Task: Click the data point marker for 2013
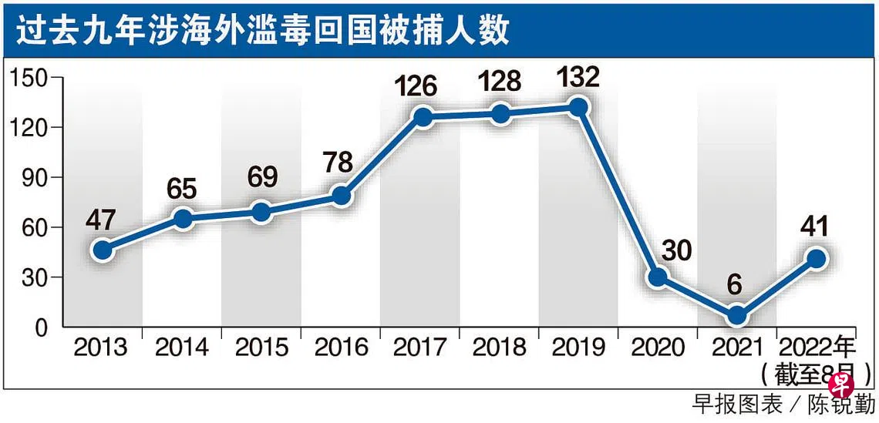(x=102, y=250)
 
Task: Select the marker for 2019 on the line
(x=578, y=108)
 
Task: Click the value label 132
(x=578, y=77)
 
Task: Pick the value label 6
(x=735, y=286)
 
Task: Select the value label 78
(x=338, y=163)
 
